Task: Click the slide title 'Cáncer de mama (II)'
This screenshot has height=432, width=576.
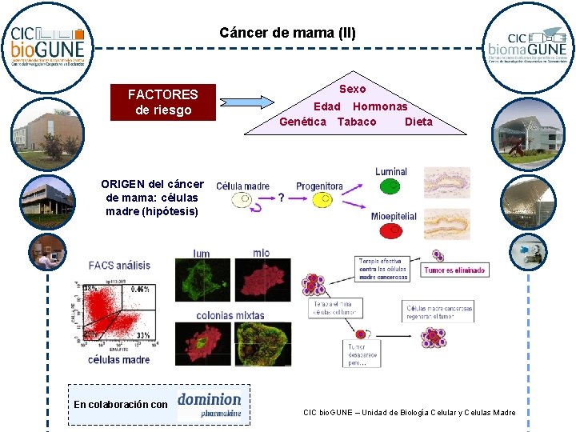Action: (287, 33)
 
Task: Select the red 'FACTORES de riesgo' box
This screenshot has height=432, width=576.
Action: (163, 102)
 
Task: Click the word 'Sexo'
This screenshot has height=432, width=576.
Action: (352, 89)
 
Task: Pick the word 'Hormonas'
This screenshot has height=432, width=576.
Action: (380, 106)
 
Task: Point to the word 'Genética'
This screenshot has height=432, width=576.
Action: (302, 122)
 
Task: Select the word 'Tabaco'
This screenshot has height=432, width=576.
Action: (357, 122)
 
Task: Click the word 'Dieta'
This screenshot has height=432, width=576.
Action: (418, 122)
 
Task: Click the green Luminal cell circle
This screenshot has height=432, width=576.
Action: (390, 186)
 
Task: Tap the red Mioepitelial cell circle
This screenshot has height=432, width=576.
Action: (390, 230)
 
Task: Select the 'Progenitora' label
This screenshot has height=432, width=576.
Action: (319, 186)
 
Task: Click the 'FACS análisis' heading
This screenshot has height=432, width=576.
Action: (119, 265)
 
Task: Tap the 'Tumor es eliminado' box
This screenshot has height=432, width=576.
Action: (454, 270)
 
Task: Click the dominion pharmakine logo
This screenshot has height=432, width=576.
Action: (210, 405)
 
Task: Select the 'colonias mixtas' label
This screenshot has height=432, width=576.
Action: (230, 315)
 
